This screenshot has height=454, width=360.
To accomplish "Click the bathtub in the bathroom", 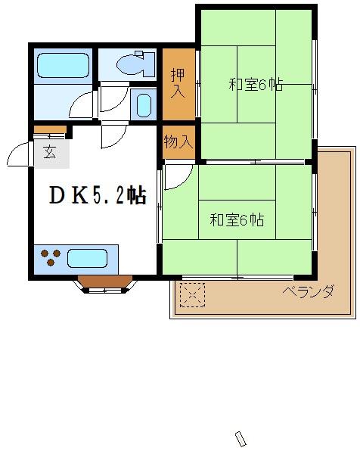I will click(64, 66).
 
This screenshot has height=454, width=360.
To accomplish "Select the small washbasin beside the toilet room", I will click(141, 104).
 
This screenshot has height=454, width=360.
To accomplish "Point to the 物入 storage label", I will click(178, 141).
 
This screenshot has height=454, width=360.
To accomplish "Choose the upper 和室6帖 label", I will click(256, 85).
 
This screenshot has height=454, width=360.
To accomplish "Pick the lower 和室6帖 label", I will click(237, 220).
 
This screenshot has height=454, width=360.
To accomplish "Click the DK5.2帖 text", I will click(97, 196).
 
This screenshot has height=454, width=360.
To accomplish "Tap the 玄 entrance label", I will click(49, 152).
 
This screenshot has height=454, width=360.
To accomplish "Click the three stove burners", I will click(51, 258).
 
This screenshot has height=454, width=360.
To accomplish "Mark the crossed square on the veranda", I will click(193, 294).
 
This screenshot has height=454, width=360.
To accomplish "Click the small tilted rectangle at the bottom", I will click(242, 439).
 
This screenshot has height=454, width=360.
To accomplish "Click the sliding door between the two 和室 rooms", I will click(255, 161).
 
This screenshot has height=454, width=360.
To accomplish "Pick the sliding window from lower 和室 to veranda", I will click(237, 278).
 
